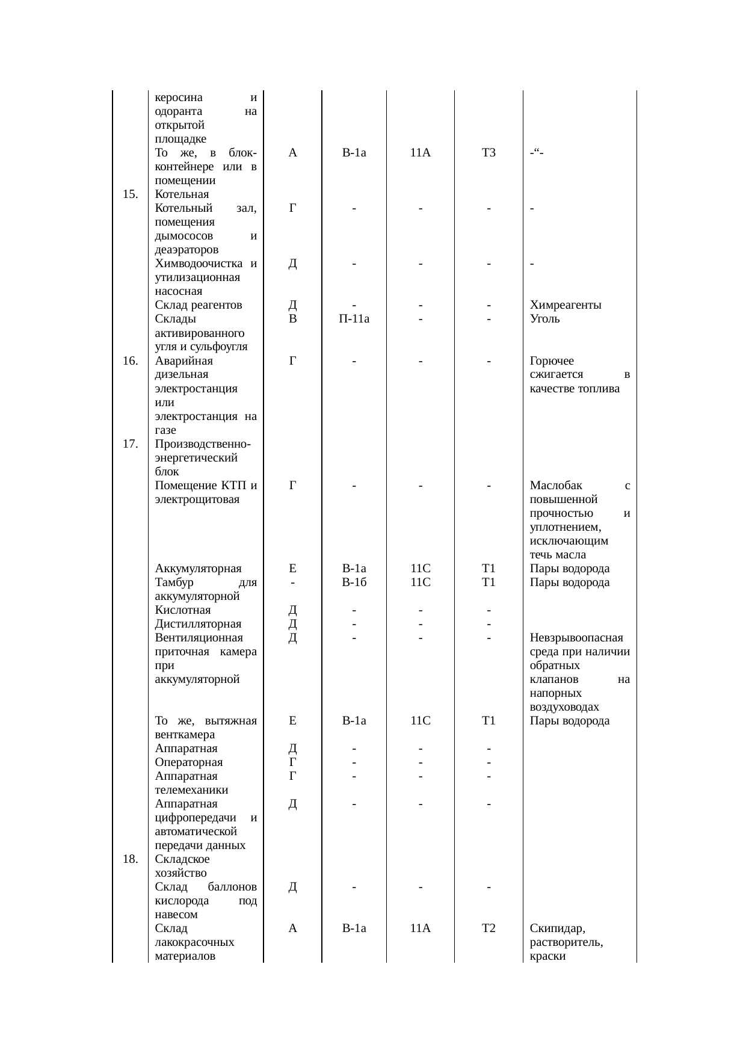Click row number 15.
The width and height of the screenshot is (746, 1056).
pyautogui.click(x=130, y=194)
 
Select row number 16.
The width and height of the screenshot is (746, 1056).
pyautogui.click(x=130, y=361)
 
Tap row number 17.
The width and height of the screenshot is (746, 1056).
pyautogui.click(x=130, y=444)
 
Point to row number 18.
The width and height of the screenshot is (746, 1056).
pyautogui.click(x=130, y=859)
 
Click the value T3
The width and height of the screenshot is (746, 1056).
pyautogui.click(x=489, y=153)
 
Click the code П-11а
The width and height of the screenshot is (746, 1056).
pyautogui.click(x=354, y=319)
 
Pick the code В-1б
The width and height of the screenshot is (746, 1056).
pyautogui.click(x=354, y=582)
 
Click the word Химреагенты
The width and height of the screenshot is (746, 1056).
pyautogui.click(x=566, y=305)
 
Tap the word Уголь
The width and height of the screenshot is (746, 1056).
pyautogui.click(x=545, y=319)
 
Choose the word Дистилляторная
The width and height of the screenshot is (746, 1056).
pyautogui.click(x=198, y=624)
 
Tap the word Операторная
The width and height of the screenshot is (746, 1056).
pyautogui.click(x=189, y=762)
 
